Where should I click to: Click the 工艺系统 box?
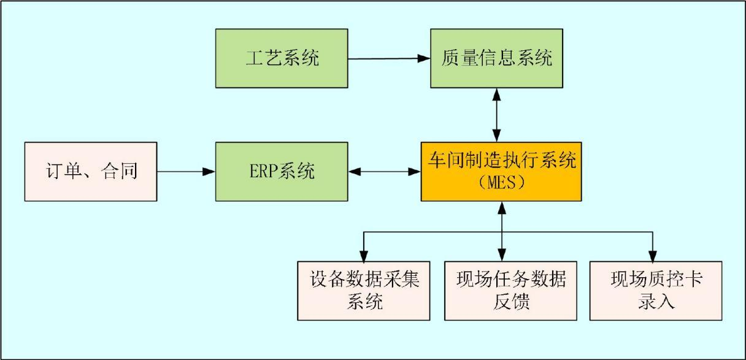(282, 58)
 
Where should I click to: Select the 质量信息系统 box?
(496, 58)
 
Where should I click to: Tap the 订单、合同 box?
(91, 171)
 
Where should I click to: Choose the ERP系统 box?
(282, 171)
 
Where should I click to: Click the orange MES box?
(501, 171)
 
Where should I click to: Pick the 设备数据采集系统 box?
(364, 290)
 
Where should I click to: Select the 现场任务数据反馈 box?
(510, 290)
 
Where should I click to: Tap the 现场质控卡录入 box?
(656, 290)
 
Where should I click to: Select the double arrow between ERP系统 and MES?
(385, 172)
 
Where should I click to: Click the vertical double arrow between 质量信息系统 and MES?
(497, 115)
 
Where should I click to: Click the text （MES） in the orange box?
(501, 183)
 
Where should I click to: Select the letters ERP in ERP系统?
(263, 172)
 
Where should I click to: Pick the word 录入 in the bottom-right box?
(656, 302)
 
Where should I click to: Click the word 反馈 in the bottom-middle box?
(510, 302)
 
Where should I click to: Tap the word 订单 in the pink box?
(64, 172)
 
